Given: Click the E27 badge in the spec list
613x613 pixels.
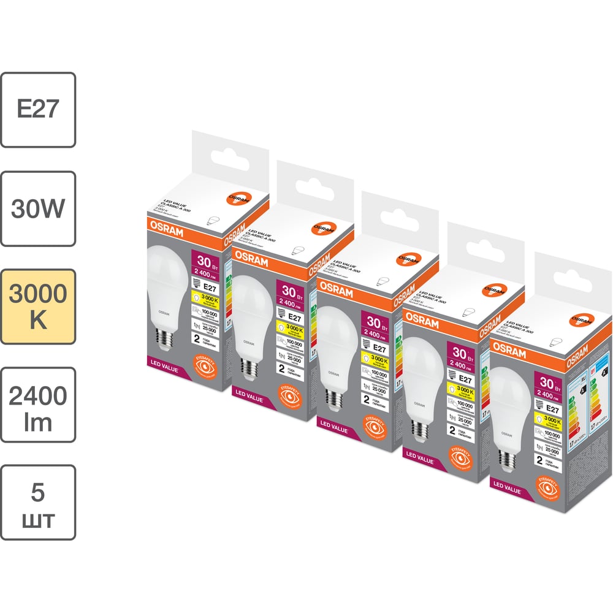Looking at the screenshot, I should point(38,110).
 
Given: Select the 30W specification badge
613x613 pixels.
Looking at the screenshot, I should point(38,208).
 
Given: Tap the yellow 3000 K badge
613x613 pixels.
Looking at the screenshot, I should point(38,306).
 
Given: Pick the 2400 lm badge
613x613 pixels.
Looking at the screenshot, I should point(38,405).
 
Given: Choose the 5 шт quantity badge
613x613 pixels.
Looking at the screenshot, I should point(38,503).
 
